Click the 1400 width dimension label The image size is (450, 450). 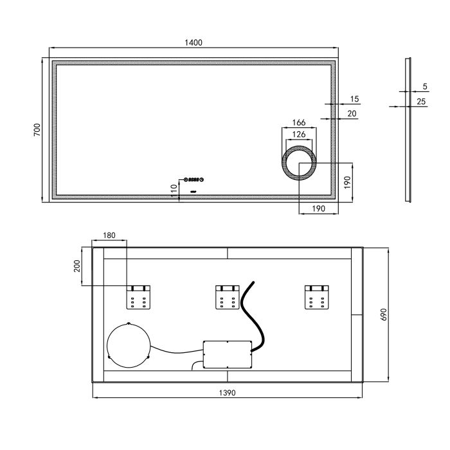coord(194,42)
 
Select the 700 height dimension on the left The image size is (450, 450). coord(37,130)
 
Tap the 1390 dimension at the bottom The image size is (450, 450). coord(228,392)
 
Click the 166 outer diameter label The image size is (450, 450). coord(298,123)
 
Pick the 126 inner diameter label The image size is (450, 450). coord(298,134)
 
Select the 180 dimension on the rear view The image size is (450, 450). coord(109,236)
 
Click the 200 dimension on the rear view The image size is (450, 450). coord(78,265)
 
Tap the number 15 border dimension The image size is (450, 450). coord(354,99)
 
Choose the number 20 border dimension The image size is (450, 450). coord(352,114)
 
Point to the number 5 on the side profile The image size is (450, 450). coord(425,86)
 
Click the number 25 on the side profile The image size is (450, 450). coord(421,102)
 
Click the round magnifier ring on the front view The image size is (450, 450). coord(298,165)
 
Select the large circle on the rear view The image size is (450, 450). coord(129,344)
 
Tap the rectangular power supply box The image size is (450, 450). coord(227,354)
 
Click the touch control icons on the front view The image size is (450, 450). coord(194,180)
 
